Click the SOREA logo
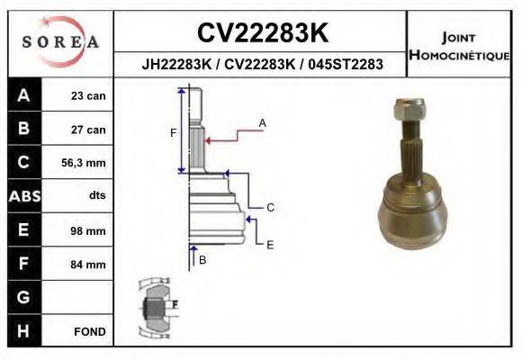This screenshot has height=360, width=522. tap(59, 41)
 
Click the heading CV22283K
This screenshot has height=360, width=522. tap(262, 33)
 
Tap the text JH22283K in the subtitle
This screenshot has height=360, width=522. tap(175, 64)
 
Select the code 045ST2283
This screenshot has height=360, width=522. tap(345, 64)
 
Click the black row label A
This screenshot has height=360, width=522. tap(23, 95)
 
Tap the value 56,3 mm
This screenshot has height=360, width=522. tap(87, 163)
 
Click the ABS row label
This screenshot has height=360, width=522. tap(23, 196)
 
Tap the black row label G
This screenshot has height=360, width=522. tap(23, 297)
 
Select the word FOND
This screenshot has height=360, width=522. tap(91, 331)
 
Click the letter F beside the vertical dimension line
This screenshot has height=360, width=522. tap(173, 133)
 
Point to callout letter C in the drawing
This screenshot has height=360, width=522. tap(270, 208)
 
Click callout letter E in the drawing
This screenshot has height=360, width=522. tap(270, 244)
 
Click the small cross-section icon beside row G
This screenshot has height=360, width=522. tap(155, 305)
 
